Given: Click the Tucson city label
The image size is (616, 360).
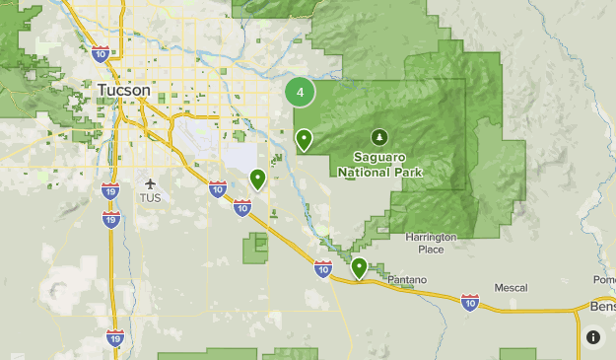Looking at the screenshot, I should [124, 91].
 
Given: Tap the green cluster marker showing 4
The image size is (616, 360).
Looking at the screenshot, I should [300, 93].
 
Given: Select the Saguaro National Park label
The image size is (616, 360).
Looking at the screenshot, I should [379, 164].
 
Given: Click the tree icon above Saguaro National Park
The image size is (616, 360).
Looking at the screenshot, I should [379, 136].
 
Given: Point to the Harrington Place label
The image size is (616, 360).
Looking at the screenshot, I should [431, 243].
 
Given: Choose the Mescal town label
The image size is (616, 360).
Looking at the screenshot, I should [511, 288].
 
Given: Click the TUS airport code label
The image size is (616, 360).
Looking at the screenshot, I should [150, 197].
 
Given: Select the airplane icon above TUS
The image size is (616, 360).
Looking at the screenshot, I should [150, 182].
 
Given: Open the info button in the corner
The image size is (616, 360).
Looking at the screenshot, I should [593, 337].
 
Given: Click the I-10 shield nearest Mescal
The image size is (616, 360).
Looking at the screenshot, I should [470, 302].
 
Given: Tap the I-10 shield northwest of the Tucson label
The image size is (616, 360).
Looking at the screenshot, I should [100, 52].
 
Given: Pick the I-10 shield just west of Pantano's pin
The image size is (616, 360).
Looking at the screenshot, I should [323, 267].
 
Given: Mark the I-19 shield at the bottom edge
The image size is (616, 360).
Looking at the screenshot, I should [115, 338].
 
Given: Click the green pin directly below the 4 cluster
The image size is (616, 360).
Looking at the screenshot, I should [305, 140].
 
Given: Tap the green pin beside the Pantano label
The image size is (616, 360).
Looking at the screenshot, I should [360, 267].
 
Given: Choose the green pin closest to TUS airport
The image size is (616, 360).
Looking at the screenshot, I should [257, 180].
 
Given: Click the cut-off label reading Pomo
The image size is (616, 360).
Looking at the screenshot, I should [604, 280].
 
